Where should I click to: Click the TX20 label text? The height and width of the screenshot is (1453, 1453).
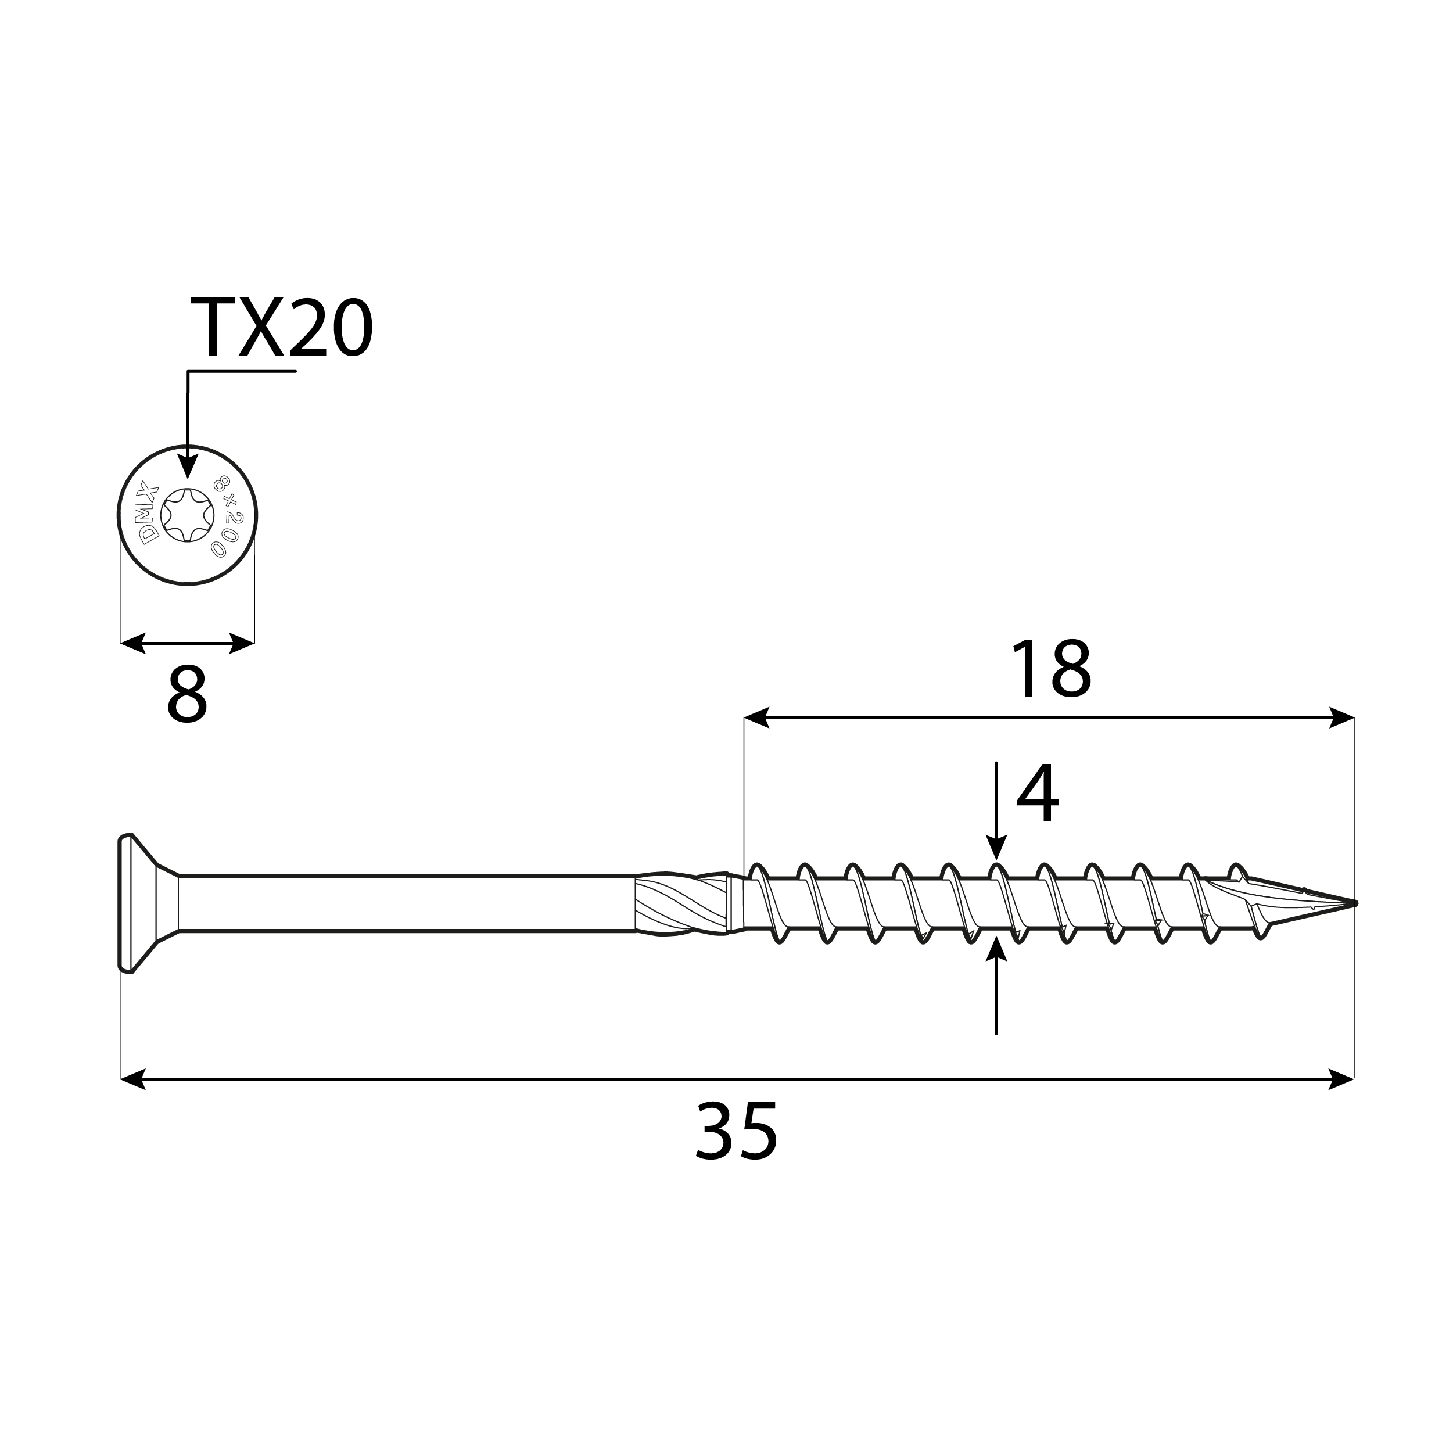point(281,328)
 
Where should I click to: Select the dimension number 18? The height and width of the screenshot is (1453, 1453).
point(1050,669)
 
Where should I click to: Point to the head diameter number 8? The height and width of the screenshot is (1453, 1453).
point(186,695)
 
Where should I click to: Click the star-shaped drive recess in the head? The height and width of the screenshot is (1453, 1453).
point(187,515)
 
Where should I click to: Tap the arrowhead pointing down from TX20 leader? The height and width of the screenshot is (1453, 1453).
point(187,465)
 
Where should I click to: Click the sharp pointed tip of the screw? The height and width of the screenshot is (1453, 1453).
point(1351,902)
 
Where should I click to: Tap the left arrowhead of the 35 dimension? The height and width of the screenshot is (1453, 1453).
point(133,1079)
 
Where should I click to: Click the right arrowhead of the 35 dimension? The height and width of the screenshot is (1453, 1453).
point(1341,1079)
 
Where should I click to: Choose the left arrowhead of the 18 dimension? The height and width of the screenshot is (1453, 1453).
point(756,717)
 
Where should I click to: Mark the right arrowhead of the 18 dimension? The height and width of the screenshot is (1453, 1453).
point(1341,717)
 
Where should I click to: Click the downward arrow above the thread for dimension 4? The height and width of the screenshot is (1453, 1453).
point(996,848)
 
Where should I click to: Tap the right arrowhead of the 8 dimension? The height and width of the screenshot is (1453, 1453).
point(242,643)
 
